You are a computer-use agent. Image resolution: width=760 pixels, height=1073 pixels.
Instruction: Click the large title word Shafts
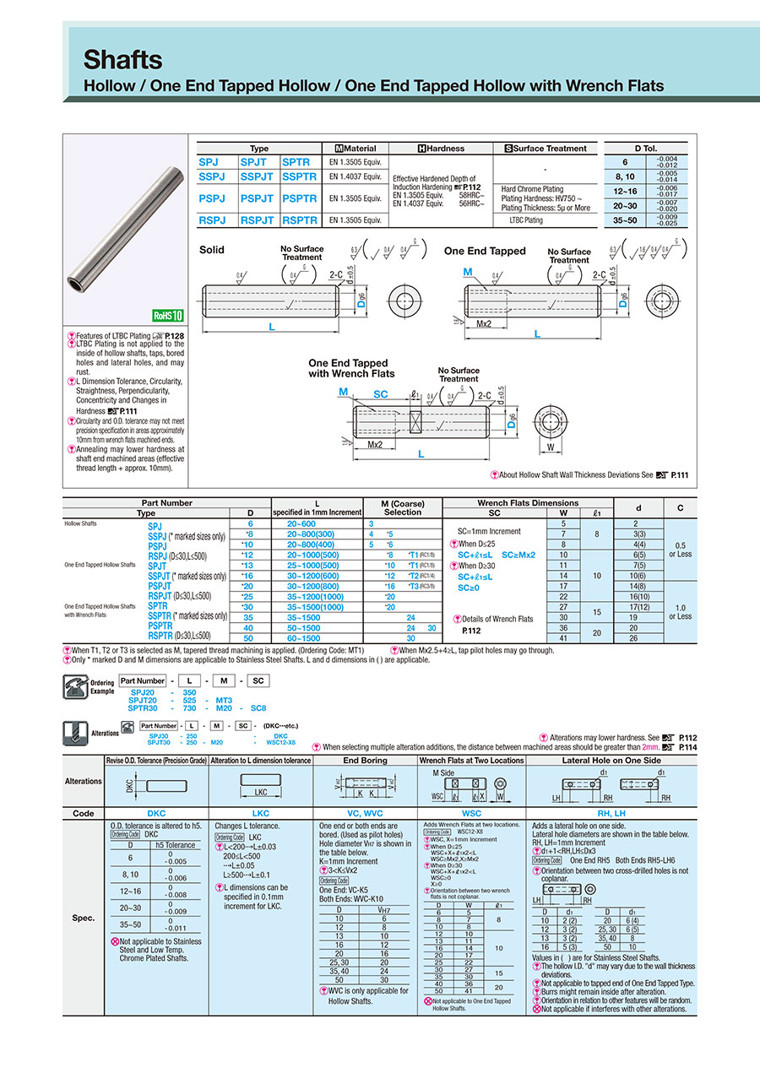point(122,60)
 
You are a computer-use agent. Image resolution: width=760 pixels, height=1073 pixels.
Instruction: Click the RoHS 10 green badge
point(167,315)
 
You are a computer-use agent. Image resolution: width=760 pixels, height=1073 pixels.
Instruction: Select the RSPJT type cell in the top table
point(257,219)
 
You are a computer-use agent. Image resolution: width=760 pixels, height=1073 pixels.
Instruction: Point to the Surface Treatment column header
point(546,148)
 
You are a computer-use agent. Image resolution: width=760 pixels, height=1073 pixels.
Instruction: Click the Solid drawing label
point(212,251)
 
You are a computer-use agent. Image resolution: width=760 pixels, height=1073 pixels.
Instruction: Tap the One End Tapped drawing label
point(485,251)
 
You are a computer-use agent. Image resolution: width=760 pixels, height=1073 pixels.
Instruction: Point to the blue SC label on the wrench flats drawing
point(381,394)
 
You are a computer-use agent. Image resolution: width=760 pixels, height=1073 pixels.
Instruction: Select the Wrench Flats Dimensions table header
point(529,503)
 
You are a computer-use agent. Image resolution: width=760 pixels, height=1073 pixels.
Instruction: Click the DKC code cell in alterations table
point(156,813)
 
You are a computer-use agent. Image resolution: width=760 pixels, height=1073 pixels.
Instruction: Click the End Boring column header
point(365,760)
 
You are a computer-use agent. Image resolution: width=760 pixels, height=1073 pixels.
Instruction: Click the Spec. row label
point(84,917)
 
